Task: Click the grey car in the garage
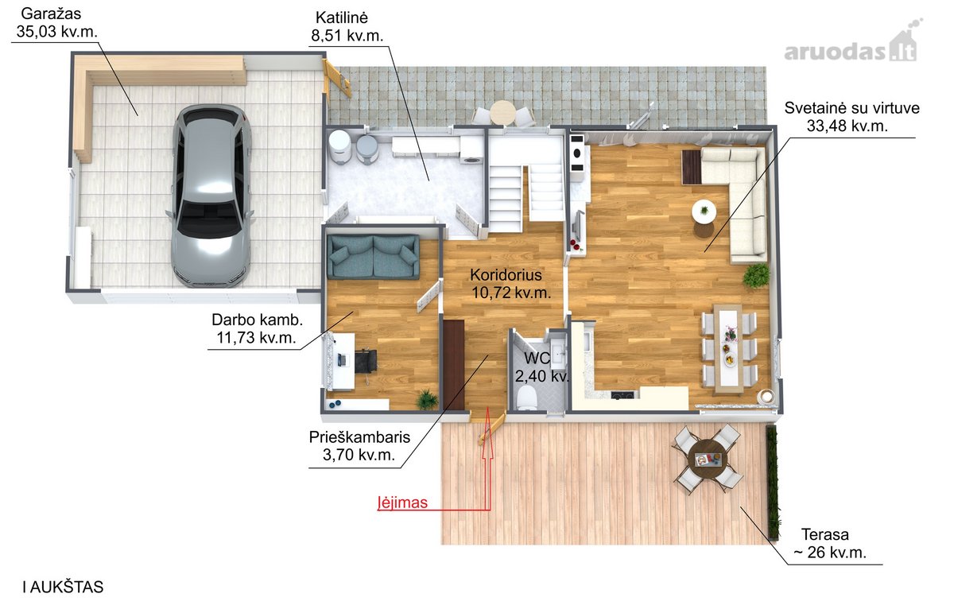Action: tap(211, 196)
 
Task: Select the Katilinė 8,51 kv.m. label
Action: tap(347, 26)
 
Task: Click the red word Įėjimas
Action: tap(402, 502)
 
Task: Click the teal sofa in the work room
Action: tap(373, 257)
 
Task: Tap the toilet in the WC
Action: tap(526, 398)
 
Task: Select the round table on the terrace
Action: tap(708, 460)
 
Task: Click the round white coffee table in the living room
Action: tap(704, 211)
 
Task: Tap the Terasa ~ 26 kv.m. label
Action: tap(830, 543)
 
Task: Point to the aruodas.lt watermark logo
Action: tap(851, 45)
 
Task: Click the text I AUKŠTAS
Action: tap(63, 587)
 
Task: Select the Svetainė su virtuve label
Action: tap(851, 117)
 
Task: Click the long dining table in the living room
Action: tap(729, 348)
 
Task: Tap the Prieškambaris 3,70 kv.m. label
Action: tap(359, 445)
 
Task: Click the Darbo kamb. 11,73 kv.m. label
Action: tap(257, 328)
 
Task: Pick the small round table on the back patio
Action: tap(503, 112)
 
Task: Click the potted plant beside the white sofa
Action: tap(756, 276)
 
